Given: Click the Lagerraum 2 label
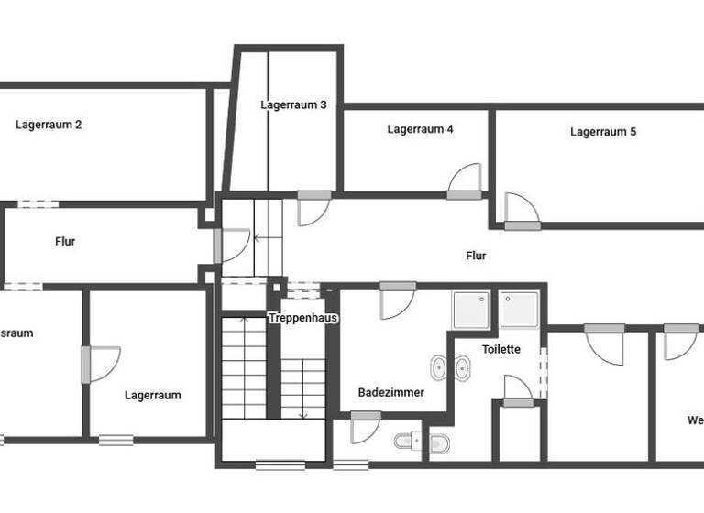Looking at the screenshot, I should [49, 125].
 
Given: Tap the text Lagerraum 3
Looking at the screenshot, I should [293, 104].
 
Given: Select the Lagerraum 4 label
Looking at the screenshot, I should [420, 129].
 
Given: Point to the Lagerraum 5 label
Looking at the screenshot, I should [603, 132].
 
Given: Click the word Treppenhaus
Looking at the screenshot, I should [303, 318].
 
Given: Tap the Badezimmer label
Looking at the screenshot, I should [390, 392].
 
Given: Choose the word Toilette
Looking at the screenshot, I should [501, 349].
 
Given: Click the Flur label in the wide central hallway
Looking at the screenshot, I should [476, 256].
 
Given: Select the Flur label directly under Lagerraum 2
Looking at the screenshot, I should [65, 242].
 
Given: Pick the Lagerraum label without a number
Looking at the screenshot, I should [153, 396].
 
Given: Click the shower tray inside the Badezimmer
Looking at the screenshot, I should [472, 309].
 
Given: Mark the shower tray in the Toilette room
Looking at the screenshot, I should [519, 309].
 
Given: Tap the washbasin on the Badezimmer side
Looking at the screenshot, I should [437, 369].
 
